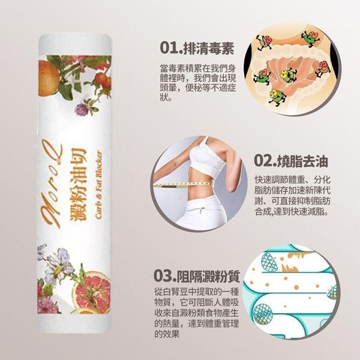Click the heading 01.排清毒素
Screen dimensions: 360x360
click(197, 48)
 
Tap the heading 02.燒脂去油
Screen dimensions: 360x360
click(291, 161)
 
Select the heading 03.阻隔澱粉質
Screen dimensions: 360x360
click(197, 276)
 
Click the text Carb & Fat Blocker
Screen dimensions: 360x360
click(98, 184)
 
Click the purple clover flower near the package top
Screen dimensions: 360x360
click(82, 110)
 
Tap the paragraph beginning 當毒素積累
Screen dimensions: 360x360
click(197, 83)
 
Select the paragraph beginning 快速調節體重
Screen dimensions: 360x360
click(292, 196)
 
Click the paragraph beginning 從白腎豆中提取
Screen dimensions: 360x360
click(197, 313)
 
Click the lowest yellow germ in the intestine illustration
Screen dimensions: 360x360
click(277, 97)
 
